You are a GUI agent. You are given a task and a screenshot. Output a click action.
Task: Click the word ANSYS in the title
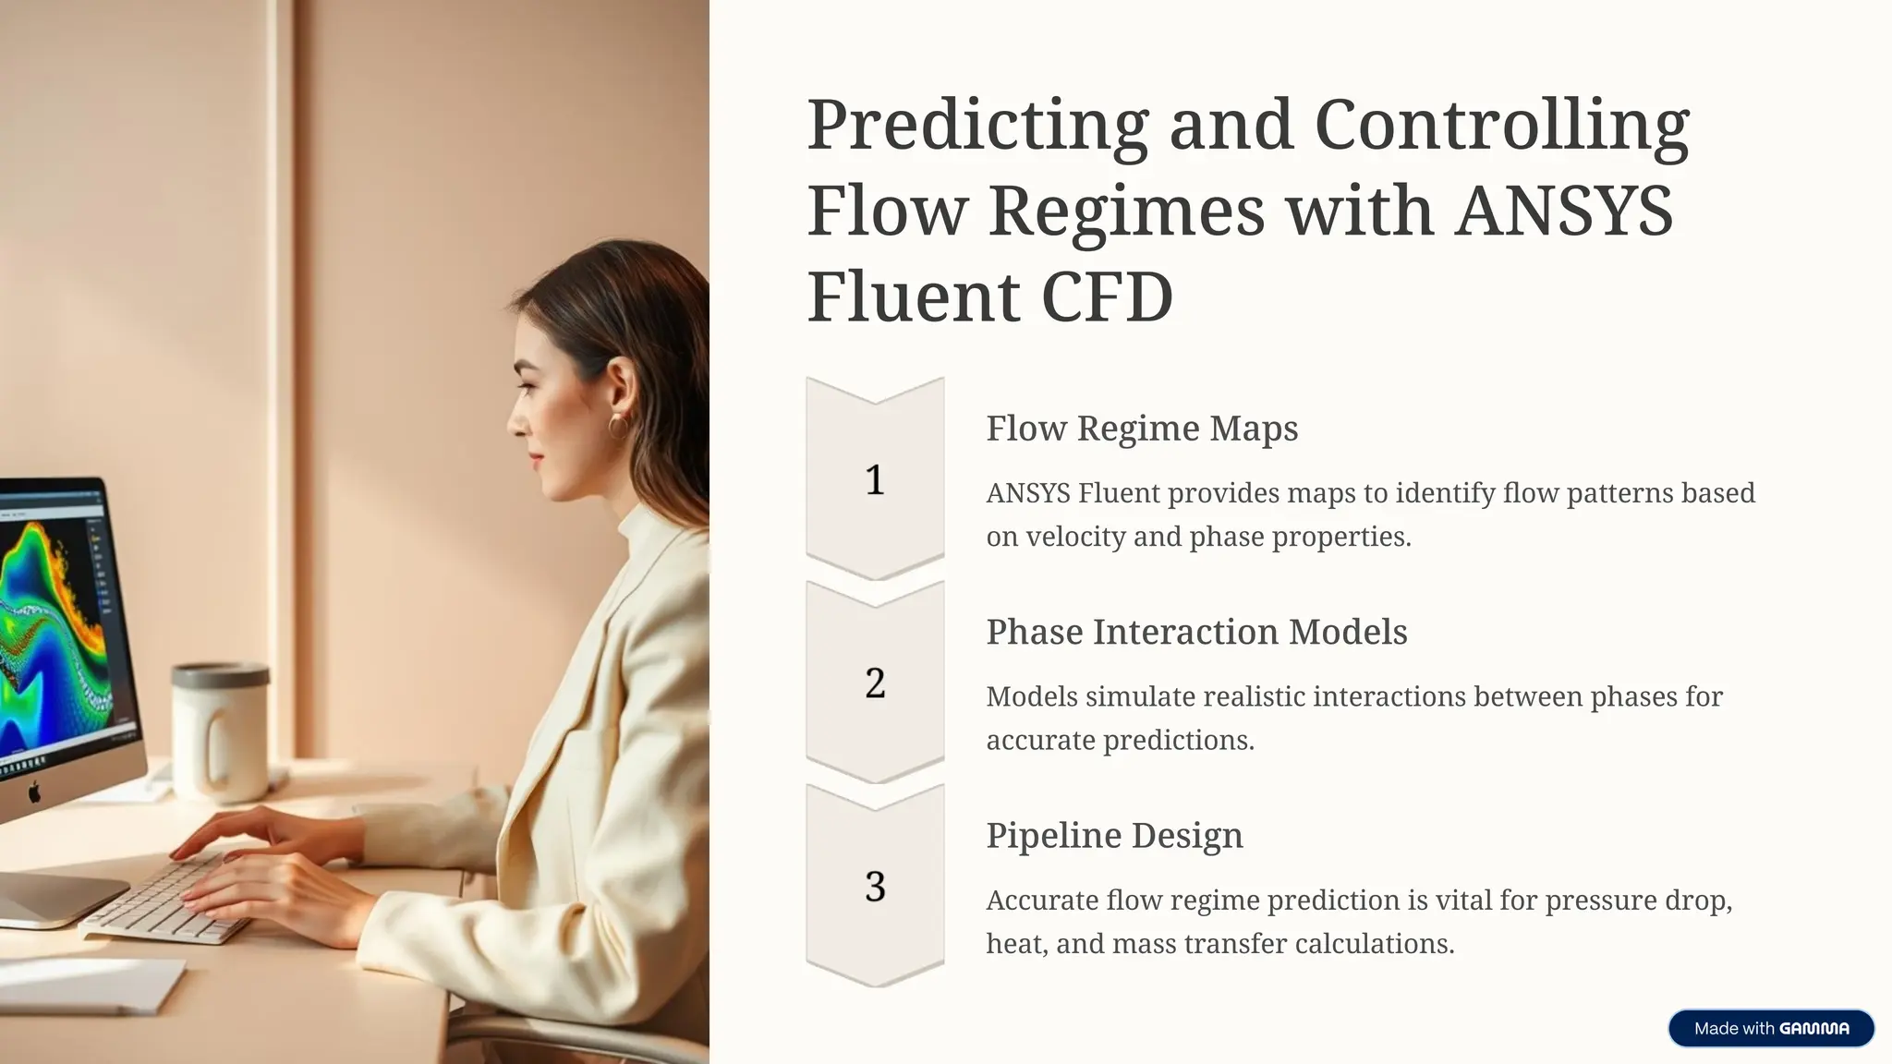(x=1563, y=211)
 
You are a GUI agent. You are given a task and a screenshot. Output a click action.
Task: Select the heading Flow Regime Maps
(x=1142, y=429)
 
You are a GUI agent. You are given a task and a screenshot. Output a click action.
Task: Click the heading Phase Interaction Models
(x=1196, y=632)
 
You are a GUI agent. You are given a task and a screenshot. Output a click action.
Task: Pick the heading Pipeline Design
(x=1114, y=835)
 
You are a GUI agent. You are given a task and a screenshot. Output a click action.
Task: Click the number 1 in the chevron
(x=875, y=480)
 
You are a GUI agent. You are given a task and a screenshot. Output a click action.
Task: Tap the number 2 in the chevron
(x=875, y=683)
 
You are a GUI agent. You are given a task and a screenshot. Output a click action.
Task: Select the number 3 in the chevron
(x=875, y=887)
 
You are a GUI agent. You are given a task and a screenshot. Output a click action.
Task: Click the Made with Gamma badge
(x=1771, y=1028)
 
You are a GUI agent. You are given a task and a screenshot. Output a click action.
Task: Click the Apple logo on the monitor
(x=35, y=792)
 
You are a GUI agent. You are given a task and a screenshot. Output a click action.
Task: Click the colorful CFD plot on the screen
(x=46, y=628)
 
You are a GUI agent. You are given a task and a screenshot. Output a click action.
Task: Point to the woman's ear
(x=621, y=388)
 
